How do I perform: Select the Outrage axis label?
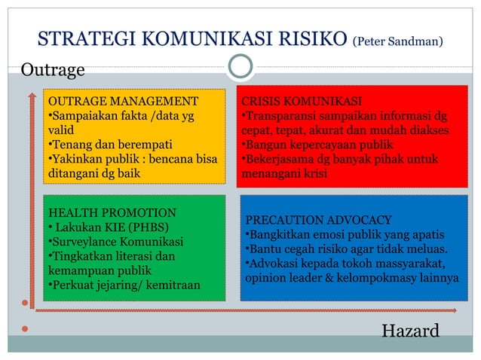[52, 71]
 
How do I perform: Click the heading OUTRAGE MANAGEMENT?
[123, 102]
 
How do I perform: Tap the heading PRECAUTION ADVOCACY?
[319, 220]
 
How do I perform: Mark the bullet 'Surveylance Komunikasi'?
[116, 242]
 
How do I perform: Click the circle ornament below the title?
[240, 66]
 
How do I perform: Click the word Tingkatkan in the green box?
[81, 256]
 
